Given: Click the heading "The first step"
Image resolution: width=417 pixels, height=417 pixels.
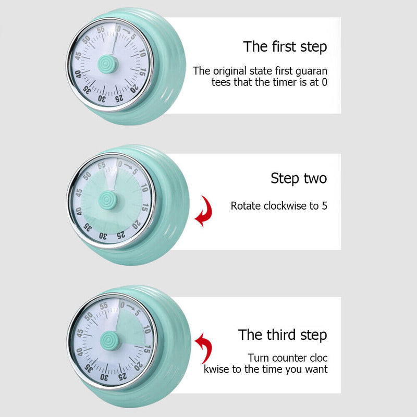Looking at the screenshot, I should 285,46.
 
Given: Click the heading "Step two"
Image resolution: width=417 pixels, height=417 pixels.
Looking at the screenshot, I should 299,178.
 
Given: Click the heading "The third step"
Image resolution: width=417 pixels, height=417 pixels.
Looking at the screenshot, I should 283,335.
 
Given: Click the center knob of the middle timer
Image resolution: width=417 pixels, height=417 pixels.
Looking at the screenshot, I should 109,199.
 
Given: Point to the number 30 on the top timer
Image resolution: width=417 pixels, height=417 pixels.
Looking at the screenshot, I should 102,99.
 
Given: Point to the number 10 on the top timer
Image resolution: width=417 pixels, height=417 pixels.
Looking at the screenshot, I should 142,53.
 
